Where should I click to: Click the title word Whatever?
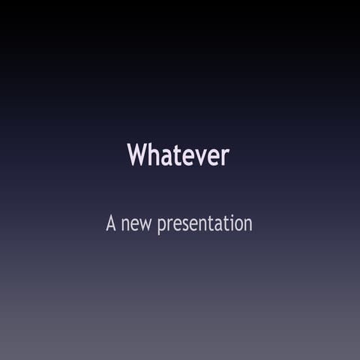(x=178, y=155)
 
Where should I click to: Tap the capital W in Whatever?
(x=136, y=155)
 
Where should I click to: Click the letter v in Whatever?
(x=194, y=157)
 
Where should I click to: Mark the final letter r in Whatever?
(x=224, y=157)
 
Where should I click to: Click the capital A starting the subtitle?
(x=112, y=223)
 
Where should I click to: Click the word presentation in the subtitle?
(x=205, y=224)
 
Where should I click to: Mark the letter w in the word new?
(x=146, y=225)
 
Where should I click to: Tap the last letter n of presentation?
(x=247, y=225)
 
